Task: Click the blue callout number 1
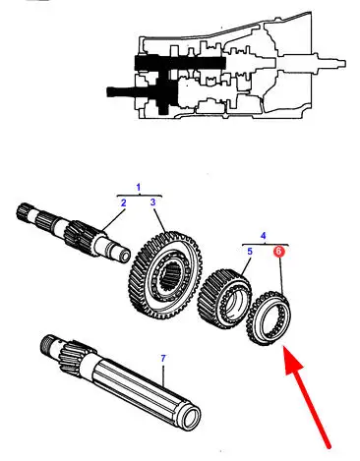139,188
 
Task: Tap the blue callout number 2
123,203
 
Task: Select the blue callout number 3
153,202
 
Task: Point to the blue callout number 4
264,236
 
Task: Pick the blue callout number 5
250,252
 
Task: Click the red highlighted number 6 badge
278,252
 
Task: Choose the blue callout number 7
163,359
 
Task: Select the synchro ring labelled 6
269,317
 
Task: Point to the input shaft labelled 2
74,234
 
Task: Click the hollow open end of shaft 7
191,418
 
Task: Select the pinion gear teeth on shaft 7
72,357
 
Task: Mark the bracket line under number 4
266,245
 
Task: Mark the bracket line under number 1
140,196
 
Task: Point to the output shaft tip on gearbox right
341,63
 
